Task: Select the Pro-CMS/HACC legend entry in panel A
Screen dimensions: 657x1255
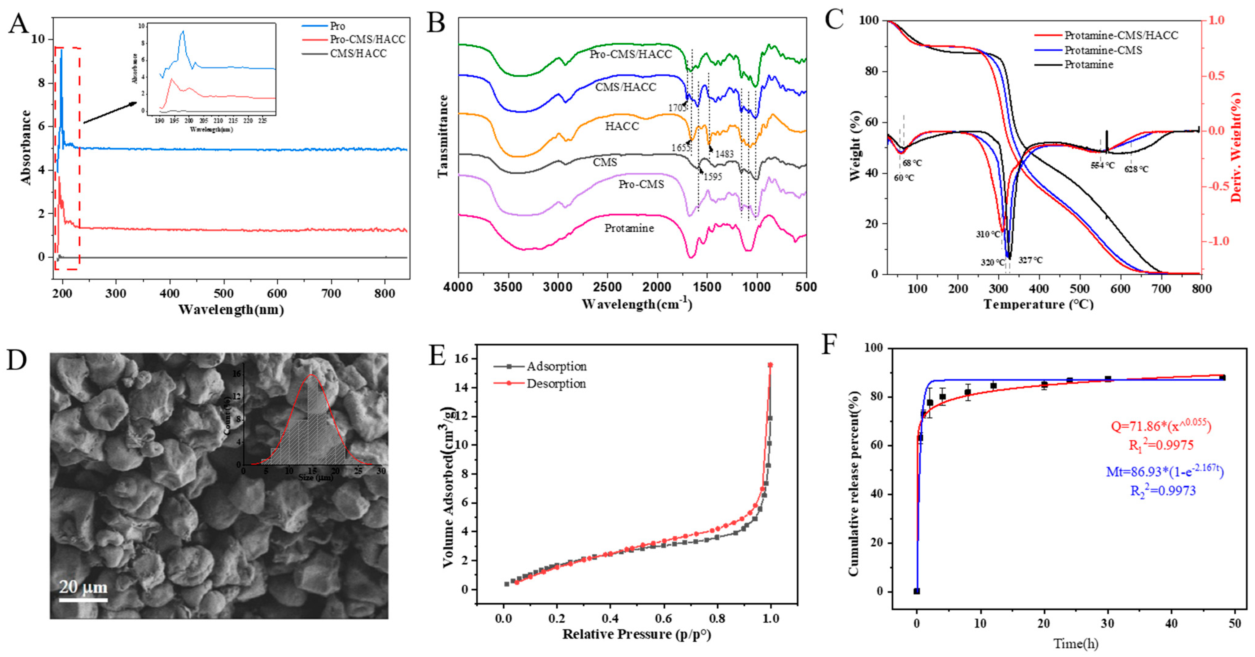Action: (367, 39)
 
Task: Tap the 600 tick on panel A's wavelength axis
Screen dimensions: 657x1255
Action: (278, 293)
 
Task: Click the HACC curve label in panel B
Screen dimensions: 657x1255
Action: (622, 126)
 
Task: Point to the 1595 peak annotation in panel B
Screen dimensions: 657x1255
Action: (712, 176)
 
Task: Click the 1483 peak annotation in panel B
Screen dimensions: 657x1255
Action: (725, 154)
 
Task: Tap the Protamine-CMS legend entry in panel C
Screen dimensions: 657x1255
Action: (1103, 50)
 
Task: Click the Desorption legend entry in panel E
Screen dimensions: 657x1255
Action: (556, 384)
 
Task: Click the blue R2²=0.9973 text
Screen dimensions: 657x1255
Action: (1162, 490)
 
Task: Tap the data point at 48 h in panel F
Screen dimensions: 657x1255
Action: (1222, 378)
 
